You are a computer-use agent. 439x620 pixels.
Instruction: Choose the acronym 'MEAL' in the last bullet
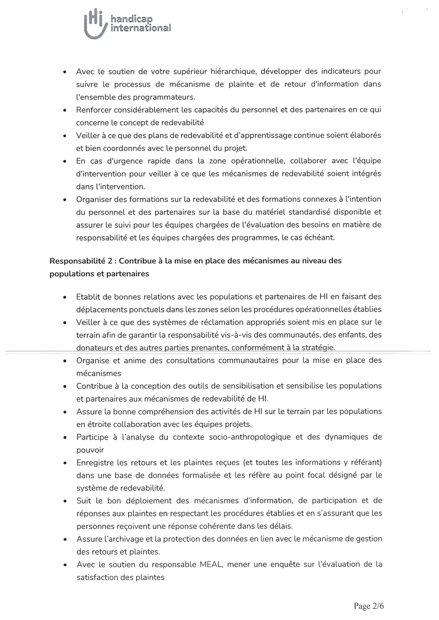click(211, 564)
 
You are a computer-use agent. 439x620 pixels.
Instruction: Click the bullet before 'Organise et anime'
click(64, 361)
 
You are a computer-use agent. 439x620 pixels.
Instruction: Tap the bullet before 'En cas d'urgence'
click(64, 161)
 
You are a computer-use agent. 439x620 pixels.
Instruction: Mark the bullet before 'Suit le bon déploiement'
click(64, 501)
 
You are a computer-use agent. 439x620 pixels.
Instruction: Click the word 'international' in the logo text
click(141, 28)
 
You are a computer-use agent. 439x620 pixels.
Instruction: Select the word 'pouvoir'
click(90, 450)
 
